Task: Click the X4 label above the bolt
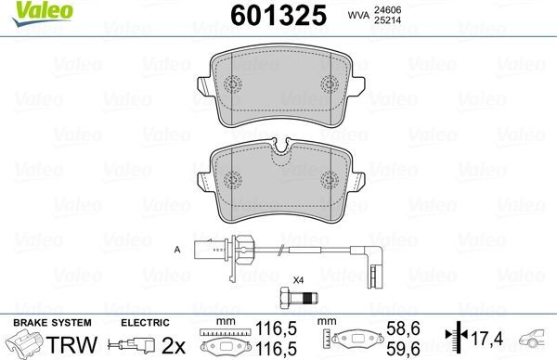click(299, 279)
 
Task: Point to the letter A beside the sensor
click(177, 249)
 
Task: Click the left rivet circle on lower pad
click(232, 180)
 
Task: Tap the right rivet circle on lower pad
click(329, 180)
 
